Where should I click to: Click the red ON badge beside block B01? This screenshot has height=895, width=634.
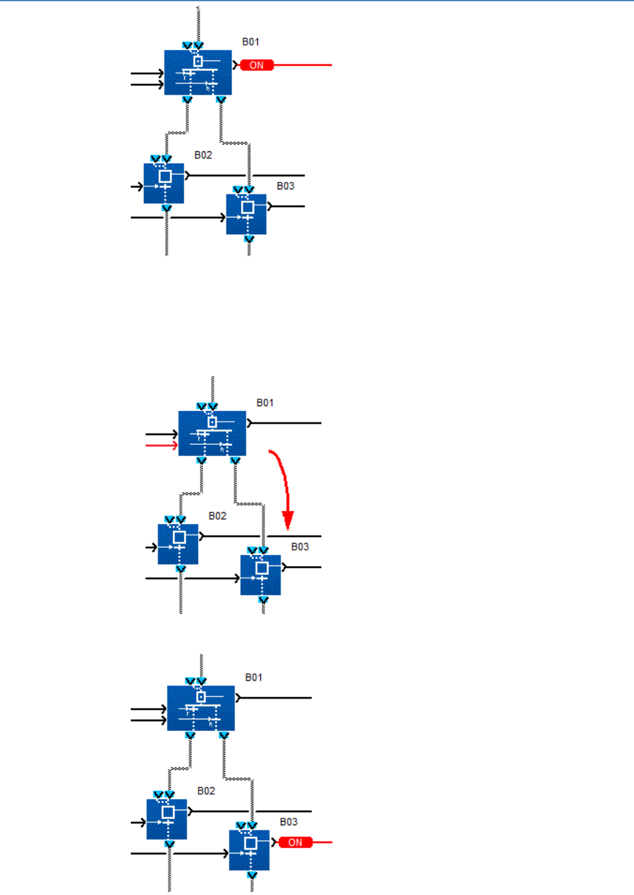(x=257, y=65)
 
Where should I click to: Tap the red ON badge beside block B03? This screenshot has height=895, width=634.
(x=295, y=843)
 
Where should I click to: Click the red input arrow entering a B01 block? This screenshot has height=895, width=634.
(x=161, y=445)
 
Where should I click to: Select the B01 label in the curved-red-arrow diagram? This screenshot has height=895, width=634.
(x=265, y=403)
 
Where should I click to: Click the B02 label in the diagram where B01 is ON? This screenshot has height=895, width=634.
(x=203, y=155)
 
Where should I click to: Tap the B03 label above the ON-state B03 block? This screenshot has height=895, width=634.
(x=288, y=822)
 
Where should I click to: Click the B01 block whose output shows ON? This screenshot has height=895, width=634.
(x=198, y=72)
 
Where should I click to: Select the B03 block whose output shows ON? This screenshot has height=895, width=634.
(x=249, y=850)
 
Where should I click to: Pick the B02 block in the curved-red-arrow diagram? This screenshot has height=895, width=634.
(x=178, y=544)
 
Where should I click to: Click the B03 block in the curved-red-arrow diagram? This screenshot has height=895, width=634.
(x=260, y=575)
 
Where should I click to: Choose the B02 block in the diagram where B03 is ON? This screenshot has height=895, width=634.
(x=167, y=819)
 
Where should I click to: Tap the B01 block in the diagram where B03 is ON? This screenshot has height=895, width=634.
(x=201, y=708)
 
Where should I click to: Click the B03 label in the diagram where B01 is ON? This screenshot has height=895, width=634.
(x=285, y=186)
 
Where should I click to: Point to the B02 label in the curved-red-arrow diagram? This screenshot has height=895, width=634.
(x=217, y=516)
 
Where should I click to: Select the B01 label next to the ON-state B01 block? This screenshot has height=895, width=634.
(x=251, y=42)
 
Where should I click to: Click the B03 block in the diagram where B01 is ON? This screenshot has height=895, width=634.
(x=246, y=214)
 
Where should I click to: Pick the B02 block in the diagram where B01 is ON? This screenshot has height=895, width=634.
(x=164, y=183)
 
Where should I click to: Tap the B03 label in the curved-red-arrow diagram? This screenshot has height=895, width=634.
(x=300, y=547)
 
